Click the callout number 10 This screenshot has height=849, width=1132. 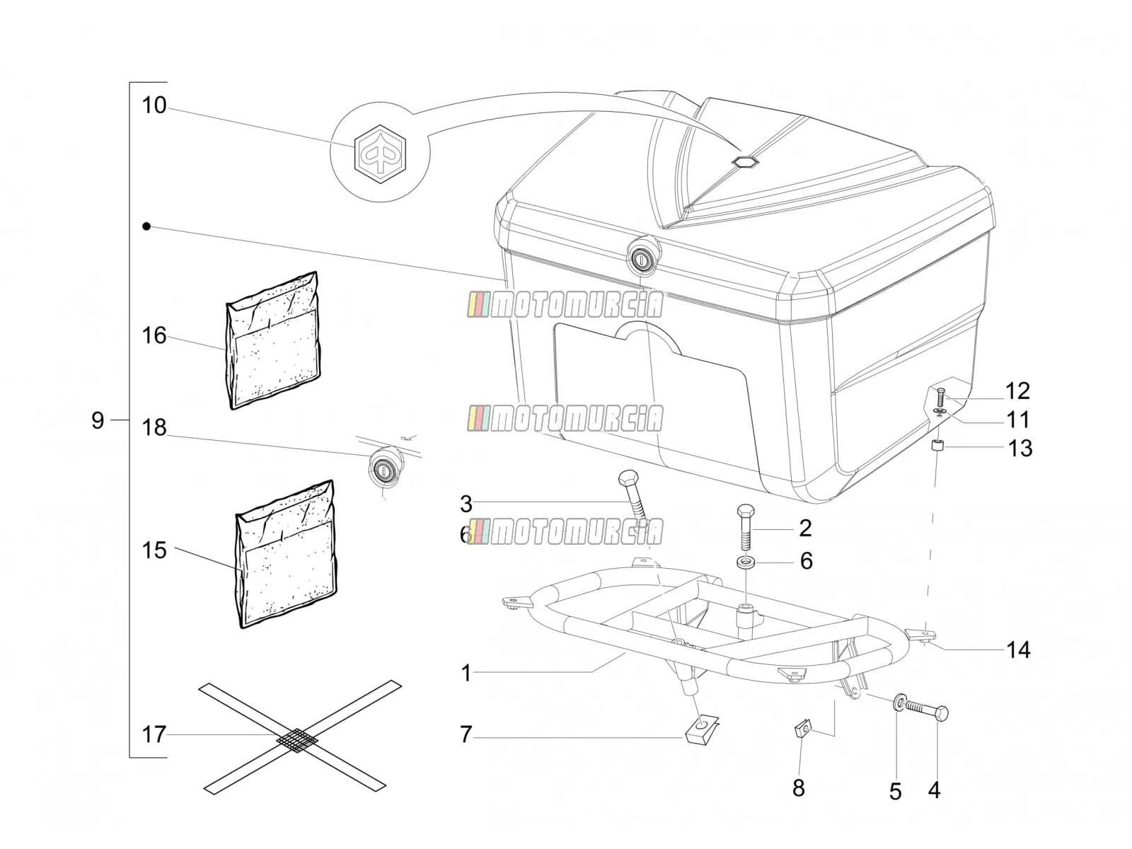point(154,105)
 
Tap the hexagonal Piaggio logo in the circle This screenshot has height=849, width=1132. point(380,154)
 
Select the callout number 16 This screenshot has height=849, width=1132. point(154,335)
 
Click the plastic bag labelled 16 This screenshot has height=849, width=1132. point(272,341)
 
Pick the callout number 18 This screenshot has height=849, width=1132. point(154,427)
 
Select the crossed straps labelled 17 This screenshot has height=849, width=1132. point(300,738)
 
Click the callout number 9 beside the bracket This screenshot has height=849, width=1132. point(98,420)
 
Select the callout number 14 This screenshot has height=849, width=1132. point(1018,650)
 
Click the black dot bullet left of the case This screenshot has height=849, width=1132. point(146,226)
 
